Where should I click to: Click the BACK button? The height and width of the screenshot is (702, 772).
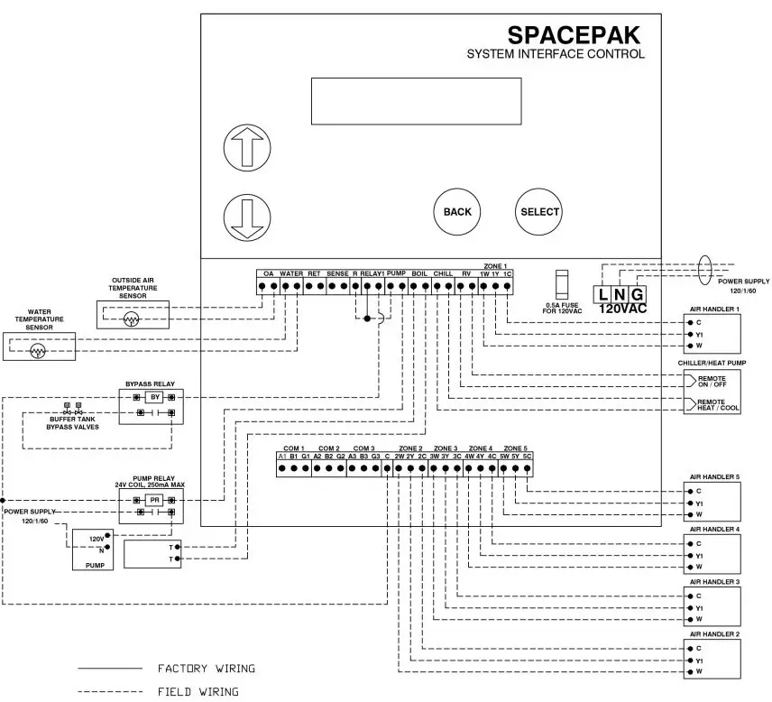tap(457, 212)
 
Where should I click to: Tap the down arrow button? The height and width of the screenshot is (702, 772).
tap(247, 217)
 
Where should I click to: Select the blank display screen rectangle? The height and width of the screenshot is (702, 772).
tap(416, 101)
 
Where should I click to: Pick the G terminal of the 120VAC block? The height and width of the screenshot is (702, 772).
tap(637, 293)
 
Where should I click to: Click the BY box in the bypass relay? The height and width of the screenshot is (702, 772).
tap(154, 397)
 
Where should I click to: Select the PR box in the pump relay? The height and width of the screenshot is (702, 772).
tap(154, 499)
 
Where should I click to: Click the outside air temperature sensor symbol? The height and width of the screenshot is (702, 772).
tap(132, 319)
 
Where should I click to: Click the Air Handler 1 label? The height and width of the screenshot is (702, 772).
tap(714, 309)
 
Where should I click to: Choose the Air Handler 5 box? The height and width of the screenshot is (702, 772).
tap(712, 503)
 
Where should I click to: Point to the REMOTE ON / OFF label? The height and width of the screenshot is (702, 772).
tap(718, 380)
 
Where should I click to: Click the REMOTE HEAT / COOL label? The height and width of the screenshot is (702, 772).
tap(718, 404)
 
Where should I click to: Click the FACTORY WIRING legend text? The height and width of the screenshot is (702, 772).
tap(207, 669)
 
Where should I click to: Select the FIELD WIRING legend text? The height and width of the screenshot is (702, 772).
tap(198, 692)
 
